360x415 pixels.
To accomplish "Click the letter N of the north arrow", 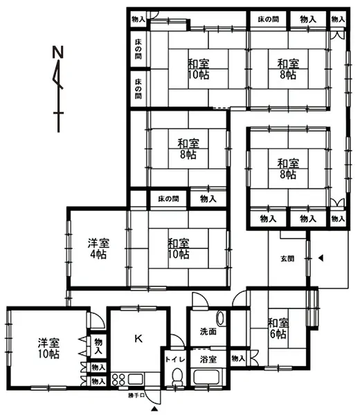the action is [58, 52].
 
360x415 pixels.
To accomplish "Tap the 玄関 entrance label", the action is [287, 259].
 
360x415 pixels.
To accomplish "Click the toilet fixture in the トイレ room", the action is [177, 378].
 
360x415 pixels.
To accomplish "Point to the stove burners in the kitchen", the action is [118, 379].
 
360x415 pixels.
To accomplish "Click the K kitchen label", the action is [138, 338].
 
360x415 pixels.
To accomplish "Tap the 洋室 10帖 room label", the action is [48, 349].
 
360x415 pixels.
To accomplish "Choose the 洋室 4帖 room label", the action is [98, 248].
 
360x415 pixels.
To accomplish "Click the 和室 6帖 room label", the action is [278, 329].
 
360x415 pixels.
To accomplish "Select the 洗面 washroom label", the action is [208, 331].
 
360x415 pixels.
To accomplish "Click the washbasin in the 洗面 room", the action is [220, 318].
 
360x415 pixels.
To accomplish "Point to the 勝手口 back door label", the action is [136, 396].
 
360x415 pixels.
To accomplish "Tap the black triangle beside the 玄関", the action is [321, 258].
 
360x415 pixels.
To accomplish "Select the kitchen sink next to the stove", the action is [136, 379].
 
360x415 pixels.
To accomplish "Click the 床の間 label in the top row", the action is [269, 19].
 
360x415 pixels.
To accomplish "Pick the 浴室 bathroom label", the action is [208, 360].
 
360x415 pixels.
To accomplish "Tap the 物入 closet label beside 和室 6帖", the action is [238, 358].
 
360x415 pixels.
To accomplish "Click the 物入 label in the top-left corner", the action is [138, 19].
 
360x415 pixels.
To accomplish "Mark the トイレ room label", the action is [175, 360].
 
